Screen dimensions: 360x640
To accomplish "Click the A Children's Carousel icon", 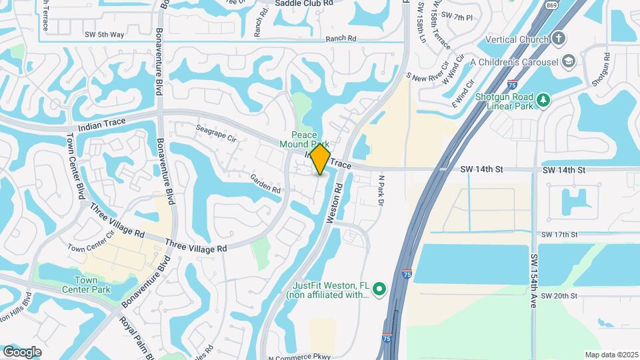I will pyautogui.click(x=568, y=62).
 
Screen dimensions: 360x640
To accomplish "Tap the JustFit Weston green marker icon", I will pyautogui.click(x=379, y=289).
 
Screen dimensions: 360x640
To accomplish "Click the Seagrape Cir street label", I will pyautogui.click(x=216, y=133).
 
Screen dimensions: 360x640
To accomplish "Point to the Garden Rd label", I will pyautogui.click(x=265, y=183).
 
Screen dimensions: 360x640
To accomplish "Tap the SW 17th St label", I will pyautogui.click(x=559, y=235).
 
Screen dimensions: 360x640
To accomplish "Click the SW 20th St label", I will pyautogui.click(x=559, y=296).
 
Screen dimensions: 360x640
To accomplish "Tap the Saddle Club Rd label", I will pyautogui.click(x=304, y=3).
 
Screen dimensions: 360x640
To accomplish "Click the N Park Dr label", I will pyautogui.click(x=382, y=190).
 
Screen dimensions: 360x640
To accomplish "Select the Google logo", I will pyautogui.click(x=22, y=351).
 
